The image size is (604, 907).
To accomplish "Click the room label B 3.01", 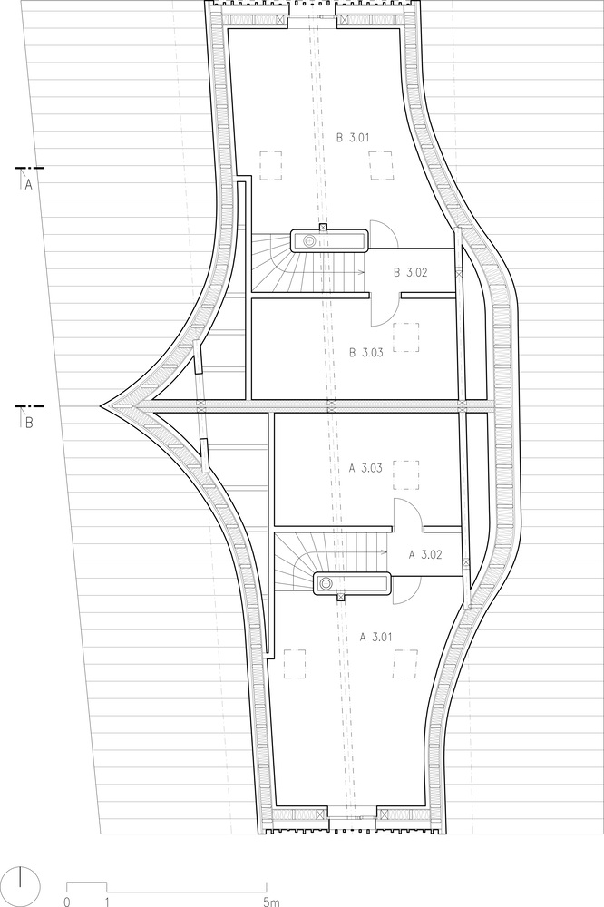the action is pyautogui.click(x=353, y=138).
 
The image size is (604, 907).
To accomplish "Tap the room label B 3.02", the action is pyautogui.click(x=410, y=272).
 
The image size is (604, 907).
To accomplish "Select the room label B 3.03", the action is pyautogui.click(x=365, y=352).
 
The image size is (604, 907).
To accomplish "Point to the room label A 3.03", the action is pyautogui.click(x=365, y=469).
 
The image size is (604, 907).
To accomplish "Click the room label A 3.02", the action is pyautogui.click(x=425, y=555).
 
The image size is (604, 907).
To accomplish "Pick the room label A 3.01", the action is pyautogui.click(x=376, y=638).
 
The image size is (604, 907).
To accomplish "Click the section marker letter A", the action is pyautogui.click(x=28, y=184).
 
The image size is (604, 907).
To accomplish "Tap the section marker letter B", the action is pyautogui.click(x=29, y=423).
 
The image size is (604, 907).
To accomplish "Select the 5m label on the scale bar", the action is pyautogui.click(x=271, y=902).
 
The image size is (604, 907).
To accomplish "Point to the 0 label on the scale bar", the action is pyautogui.click(x=67, y=902).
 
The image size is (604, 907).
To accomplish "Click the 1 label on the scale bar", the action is pyautogui.click(x=107, y=902).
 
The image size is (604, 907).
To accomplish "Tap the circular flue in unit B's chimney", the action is pyautogui.click(x=310, y=240).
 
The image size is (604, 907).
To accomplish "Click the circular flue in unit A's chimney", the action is pyautogui.click(x=327, y=583).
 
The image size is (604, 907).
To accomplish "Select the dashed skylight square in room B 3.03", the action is pyautogui.click(x=405, y=337).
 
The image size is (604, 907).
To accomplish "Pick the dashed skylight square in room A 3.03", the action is pyautogui.click(x=405, y=475).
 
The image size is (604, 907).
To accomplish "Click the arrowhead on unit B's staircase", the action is pyautogui.click(x=362, y=272).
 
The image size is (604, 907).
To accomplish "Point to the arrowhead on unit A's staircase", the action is pyautogui.click(x=385, y=553).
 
